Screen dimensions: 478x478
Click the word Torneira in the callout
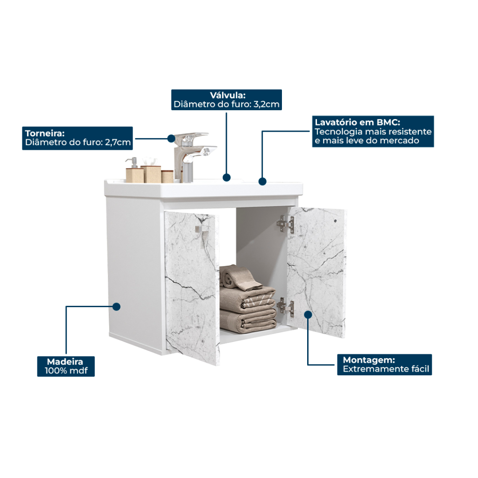coord(44,133)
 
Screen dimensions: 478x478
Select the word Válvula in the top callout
coord(228,95)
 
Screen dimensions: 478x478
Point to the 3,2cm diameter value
coord(267,104)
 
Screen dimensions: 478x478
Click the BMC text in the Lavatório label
coord(388,122)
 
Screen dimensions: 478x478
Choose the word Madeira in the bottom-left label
coord(65,362)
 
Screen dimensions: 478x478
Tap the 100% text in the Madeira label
coord(56,371)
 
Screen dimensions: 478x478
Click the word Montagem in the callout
coord(369,360)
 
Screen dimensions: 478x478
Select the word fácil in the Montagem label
coord(420,369)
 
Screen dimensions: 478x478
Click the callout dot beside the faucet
coord(171,138)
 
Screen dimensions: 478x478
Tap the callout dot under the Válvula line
coord(226,177)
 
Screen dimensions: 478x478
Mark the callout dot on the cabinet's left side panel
coord(116,307)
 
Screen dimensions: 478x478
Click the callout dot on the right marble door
coord(308,315)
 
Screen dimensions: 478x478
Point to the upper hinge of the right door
coord(285,224)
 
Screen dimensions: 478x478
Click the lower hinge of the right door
coord(286,307)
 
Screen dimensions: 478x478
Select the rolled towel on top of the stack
coord(240,277)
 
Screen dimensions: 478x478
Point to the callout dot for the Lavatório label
coord(262,182)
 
